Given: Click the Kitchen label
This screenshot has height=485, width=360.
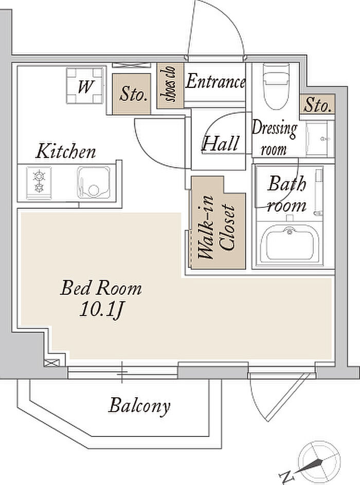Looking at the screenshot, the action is tap(66, 151).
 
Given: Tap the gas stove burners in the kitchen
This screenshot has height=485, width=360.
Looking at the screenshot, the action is tap(39, 182).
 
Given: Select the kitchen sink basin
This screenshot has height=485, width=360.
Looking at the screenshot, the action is tap(94, 183).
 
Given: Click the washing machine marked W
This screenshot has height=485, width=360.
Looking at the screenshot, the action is tap(85, 86).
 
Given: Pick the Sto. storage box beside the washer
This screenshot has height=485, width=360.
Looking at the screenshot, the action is tap(132, 94).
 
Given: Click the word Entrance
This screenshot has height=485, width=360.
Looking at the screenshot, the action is tap(215, 82).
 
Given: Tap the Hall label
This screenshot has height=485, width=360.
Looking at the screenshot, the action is tap(221, 143).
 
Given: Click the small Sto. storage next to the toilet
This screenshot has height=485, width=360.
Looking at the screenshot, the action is tap(317, 104).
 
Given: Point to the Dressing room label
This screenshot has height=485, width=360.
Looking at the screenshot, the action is tap(274, 138).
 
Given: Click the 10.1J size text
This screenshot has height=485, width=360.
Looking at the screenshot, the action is tap(102, 309).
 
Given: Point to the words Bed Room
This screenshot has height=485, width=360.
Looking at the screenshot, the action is tap(101, 288).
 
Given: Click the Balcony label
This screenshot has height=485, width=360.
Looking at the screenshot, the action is tap(139, 406).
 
